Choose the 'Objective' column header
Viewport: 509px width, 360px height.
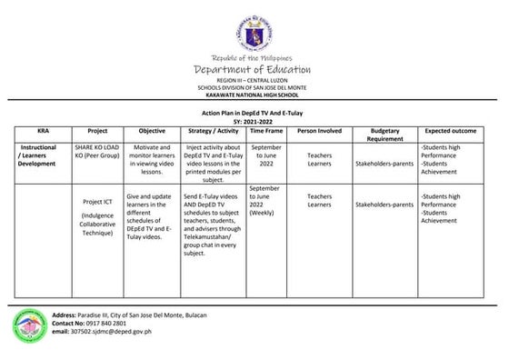coord(152,131)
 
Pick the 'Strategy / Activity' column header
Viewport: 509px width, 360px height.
coord(211,131)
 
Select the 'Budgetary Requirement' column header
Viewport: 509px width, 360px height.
coord(384,135)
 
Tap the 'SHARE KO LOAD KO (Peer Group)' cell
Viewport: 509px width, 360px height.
coord(97,150)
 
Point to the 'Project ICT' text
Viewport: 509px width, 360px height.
coord(97,201)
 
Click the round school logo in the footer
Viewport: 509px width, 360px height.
coord(28,324)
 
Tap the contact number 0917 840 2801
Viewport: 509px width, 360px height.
coord(102,323)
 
